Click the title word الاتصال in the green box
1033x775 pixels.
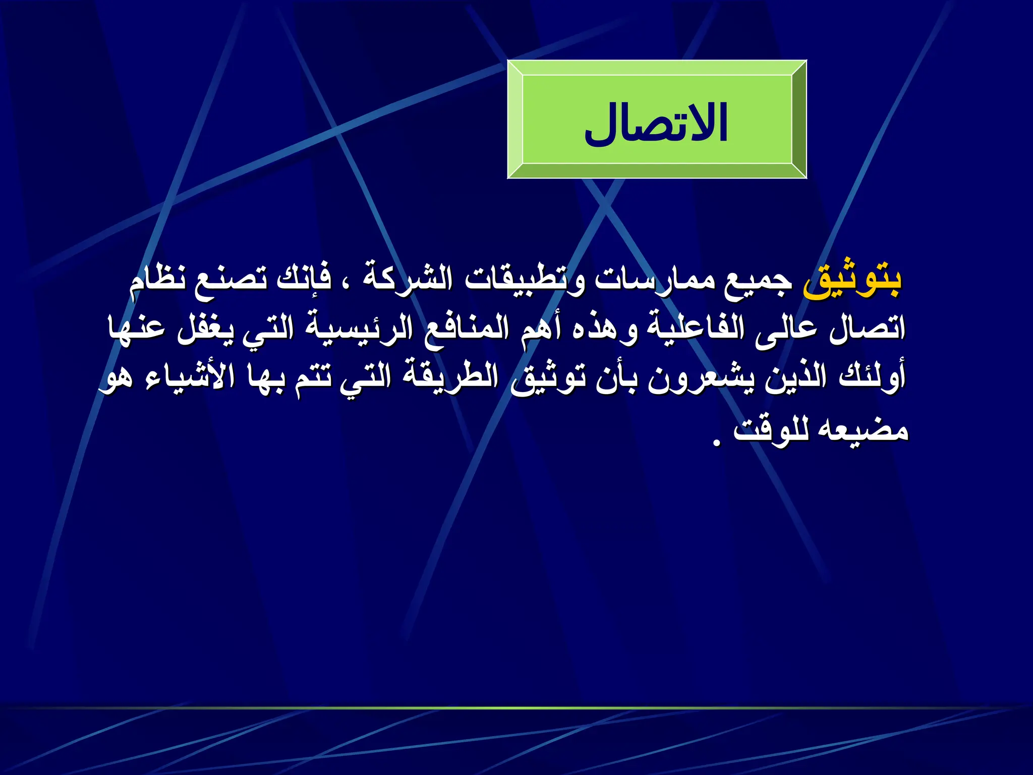(656, 124)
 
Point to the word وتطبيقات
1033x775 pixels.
(525, 280)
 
